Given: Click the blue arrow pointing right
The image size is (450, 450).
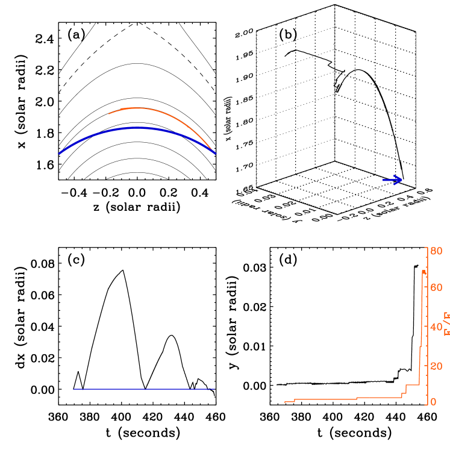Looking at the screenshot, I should (393, 180).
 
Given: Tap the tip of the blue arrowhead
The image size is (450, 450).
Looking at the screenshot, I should (402, 180).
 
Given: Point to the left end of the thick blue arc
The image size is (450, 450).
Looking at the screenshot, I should (58, 154).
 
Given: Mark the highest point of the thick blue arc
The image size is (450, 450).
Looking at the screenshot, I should (138, 127).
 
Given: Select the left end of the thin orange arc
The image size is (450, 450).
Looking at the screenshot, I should (108, 113).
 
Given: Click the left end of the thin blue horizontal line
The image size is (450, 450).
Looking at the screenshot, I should (73, 389).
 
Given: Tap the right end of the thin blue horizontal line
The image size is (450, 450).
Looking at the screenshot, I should (214, 389).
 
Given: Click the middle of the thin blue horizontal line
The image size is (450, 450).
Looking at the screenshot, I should (144, 389).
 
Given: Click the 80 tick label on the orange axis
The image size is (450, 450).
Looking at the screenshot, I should (436, 251).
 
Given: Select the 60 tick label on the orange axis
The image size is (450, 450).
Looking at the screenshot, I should (436, 287).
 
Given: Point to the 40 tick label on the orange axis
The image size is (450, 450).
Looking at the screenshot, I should (436, 327).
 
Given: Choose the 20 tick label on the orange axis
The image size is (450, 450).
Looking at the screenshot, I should (436, 366).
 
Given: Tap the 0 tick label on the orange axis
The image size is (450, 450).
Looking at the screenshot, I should (434, 402).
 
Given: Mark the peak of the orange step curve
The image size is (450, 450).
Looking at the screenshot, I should (423, 271).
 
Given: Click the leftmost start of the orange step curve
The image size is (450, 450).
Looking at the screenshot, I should (285, 402).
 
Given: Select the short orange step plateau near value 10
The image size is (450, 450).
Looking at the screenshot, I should (413, 384).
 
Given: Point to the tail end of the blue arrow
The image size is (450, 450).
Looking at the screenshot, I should (384, 180).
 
